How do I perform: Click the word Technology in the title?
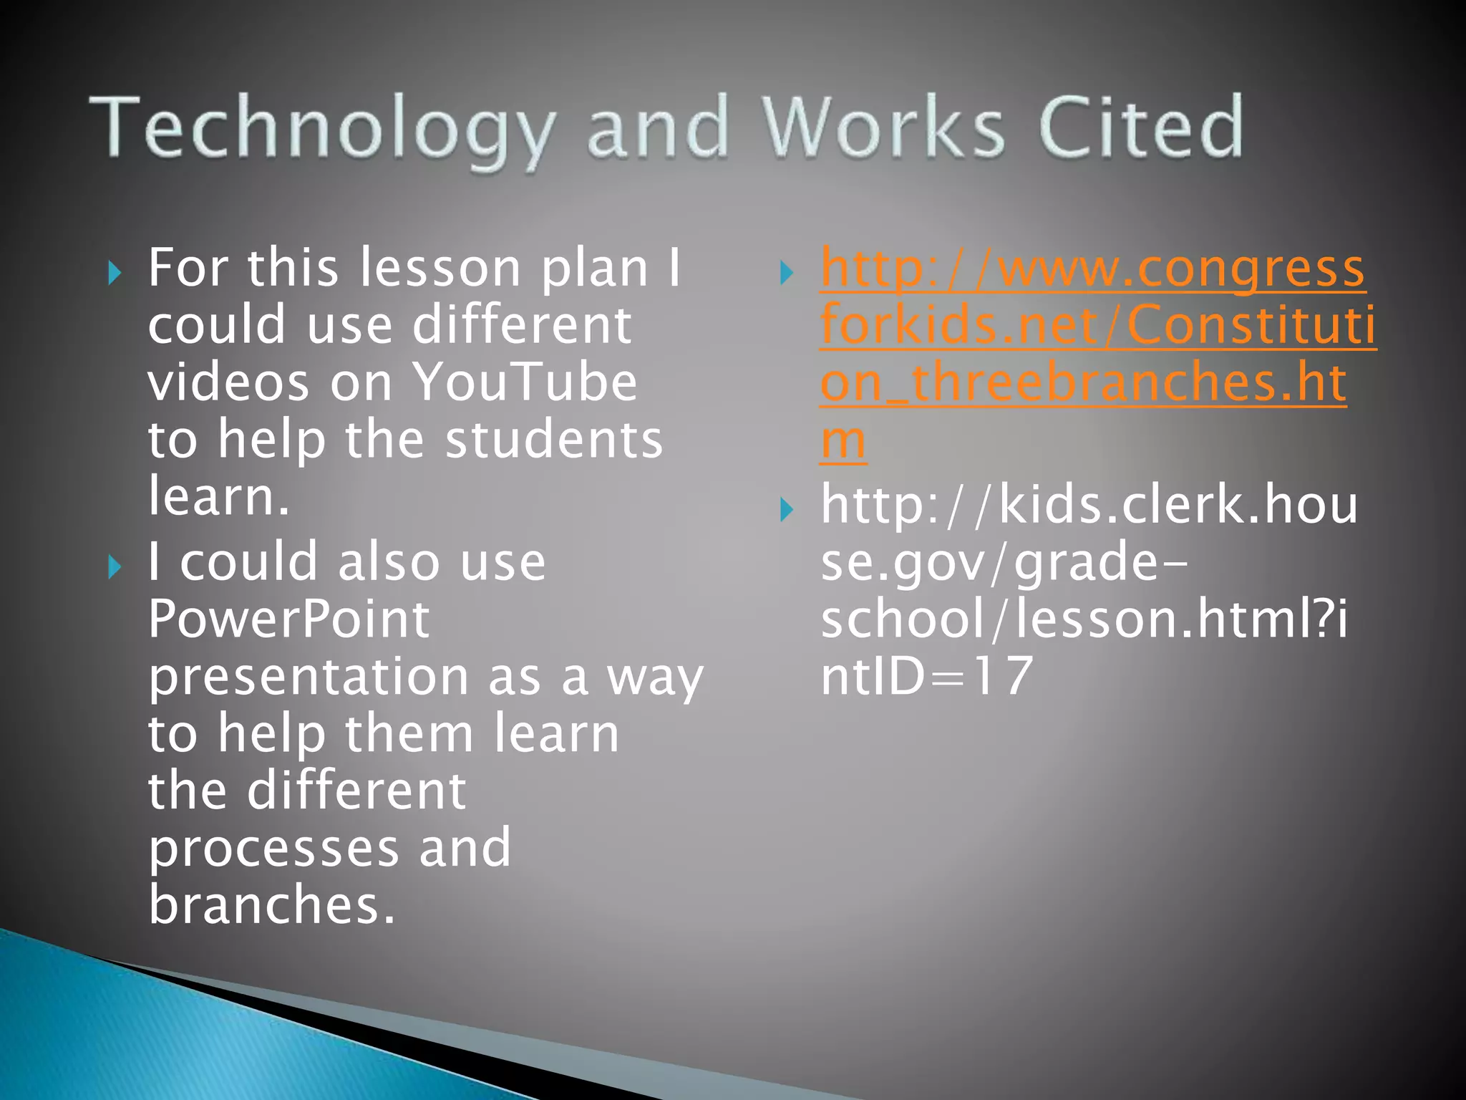(322, 129)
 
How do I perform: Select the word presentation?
(309, 677)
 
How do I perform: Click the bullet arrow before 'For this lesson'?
(115, 273)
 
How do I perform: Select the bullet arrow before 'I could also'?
(115, 567)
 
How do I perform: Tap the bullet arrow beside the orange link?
(787, 273)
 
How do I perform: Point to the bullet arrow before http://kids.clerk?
(787, 510)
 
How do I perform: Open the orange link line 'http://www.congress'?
(1092, 269)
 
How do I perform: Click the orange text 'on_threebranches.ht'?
(1082, 383)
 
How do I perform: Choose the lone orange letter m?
(843, 440)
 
